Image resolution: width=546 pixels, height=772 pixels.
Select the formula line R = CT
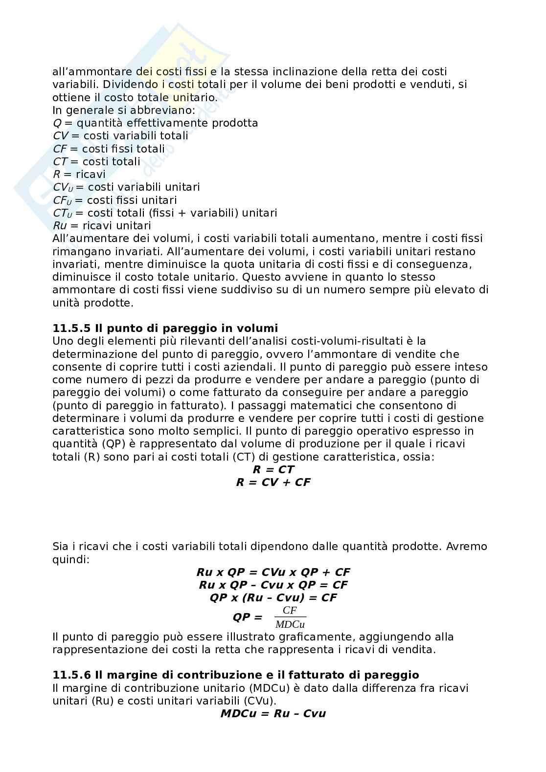[273, 470]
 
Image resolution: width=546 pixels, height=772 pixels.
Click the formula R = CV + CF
[273, 483]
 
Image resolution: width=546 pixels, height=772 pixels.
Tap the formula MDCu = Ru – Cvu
[273, 713]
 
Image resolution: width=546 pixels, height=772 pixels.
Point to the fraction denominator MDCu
[290, 624]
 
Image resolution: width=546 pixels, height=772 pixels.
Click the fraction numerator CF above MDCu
[290, 611]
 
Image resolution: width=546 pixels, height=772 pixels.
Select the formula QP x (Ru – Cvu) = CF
[273, 598]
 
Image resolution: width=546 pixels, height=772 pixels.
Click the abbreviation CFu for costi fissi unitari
[62, 200]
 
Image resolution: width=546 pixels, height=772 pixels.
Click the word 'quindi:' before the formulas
[70, 559]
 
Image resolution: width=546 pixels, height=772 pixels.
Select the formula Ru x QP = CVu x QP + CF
[273, 572]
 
